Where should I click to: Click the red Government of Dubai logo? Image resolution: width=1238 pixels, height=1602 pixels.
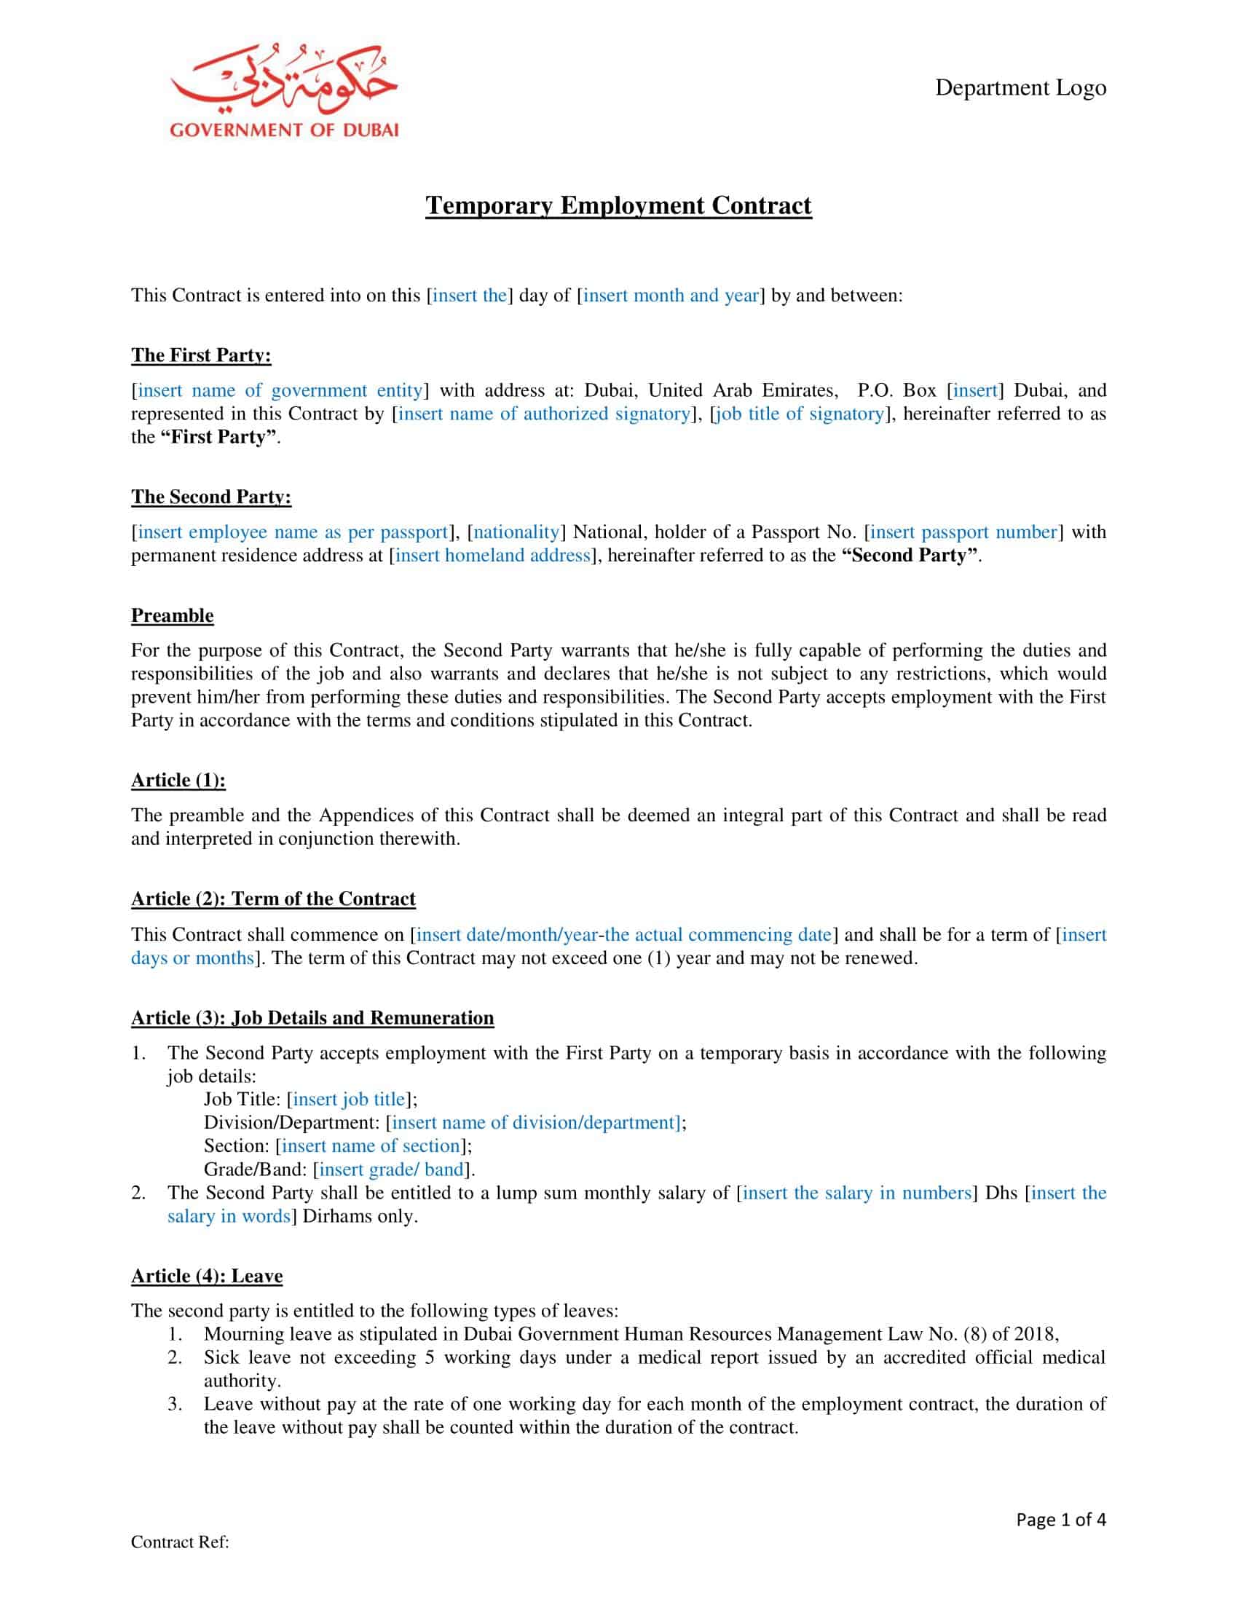[x=284, y=92]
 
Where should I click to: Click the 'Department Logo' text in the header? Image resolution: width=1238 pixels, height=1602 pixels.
[x=1020, y=88]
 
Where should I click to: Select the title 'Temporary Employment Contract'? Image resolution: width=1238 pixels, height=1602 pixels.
[x=618, y=205]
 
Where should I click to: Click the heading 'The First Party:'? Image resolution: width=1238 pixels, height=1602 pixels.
[x=201, y=355]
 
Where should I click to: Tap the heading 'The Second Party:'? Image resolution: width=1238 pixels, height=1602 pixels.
[x=211, y=497]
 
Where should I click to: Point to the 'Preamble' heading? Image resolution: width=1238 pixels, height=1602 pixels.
[x=173, y=615]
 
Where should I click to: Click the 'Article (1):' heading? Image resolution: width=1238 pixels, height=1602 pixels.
[x=178, y=780]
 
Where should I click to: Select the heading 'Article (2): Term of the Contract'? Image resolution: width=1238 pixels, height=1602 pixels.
[x=273, y=899]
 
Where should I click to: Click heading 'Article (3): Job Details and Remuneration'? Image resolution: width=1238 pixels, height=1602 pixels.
[x=312, y=1017]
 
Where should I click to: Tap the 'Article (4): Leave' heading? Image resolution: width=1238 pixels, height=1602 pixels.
[x=207, y=1276]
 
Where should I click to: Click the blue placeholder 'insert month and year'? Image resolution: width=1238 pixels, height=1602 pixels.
[x=670, y=296]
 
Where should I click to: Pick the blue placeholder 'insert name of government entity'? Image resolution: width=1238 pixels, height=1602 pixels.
[x=280, y=390]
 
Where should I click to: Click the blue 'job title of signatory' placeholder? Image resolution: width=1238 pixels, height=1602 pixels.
[x=800, y=414]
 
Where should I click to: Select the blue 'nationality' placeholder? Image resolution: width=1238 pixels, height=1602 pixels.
[x=516, y=532]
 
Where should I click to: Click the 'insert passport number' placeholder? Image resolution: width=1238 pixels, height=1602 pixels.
[x=963, y=532]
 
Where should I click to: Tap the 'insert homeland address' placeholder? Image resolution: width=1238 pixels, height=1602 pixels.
[x=492, y=556]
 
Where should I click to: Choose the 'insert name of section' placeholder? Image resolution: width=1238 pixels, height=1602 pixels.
[x=371, y=1145]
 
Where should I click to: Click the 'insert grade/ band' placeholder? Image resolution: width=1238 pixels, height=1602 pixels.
[x=392, y=1169]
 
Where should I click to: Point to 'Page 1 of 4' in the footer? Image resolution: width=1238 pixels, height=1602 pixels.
[x=1060, y=1519]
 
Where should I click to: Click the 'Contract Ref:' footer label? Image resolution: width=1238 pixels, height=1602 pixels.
[x=181, y=1542]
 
